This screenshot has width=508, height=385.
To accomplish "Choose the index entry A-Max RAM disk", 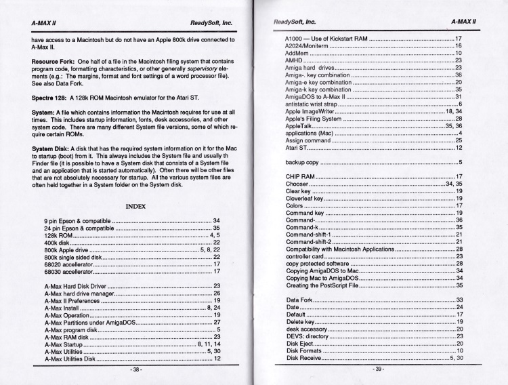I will (67, 337).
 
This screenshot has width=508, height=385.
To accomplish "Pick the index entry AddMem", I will (299, 52).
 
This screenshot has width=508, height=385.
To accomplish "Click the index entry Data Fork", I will (299, 300).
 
